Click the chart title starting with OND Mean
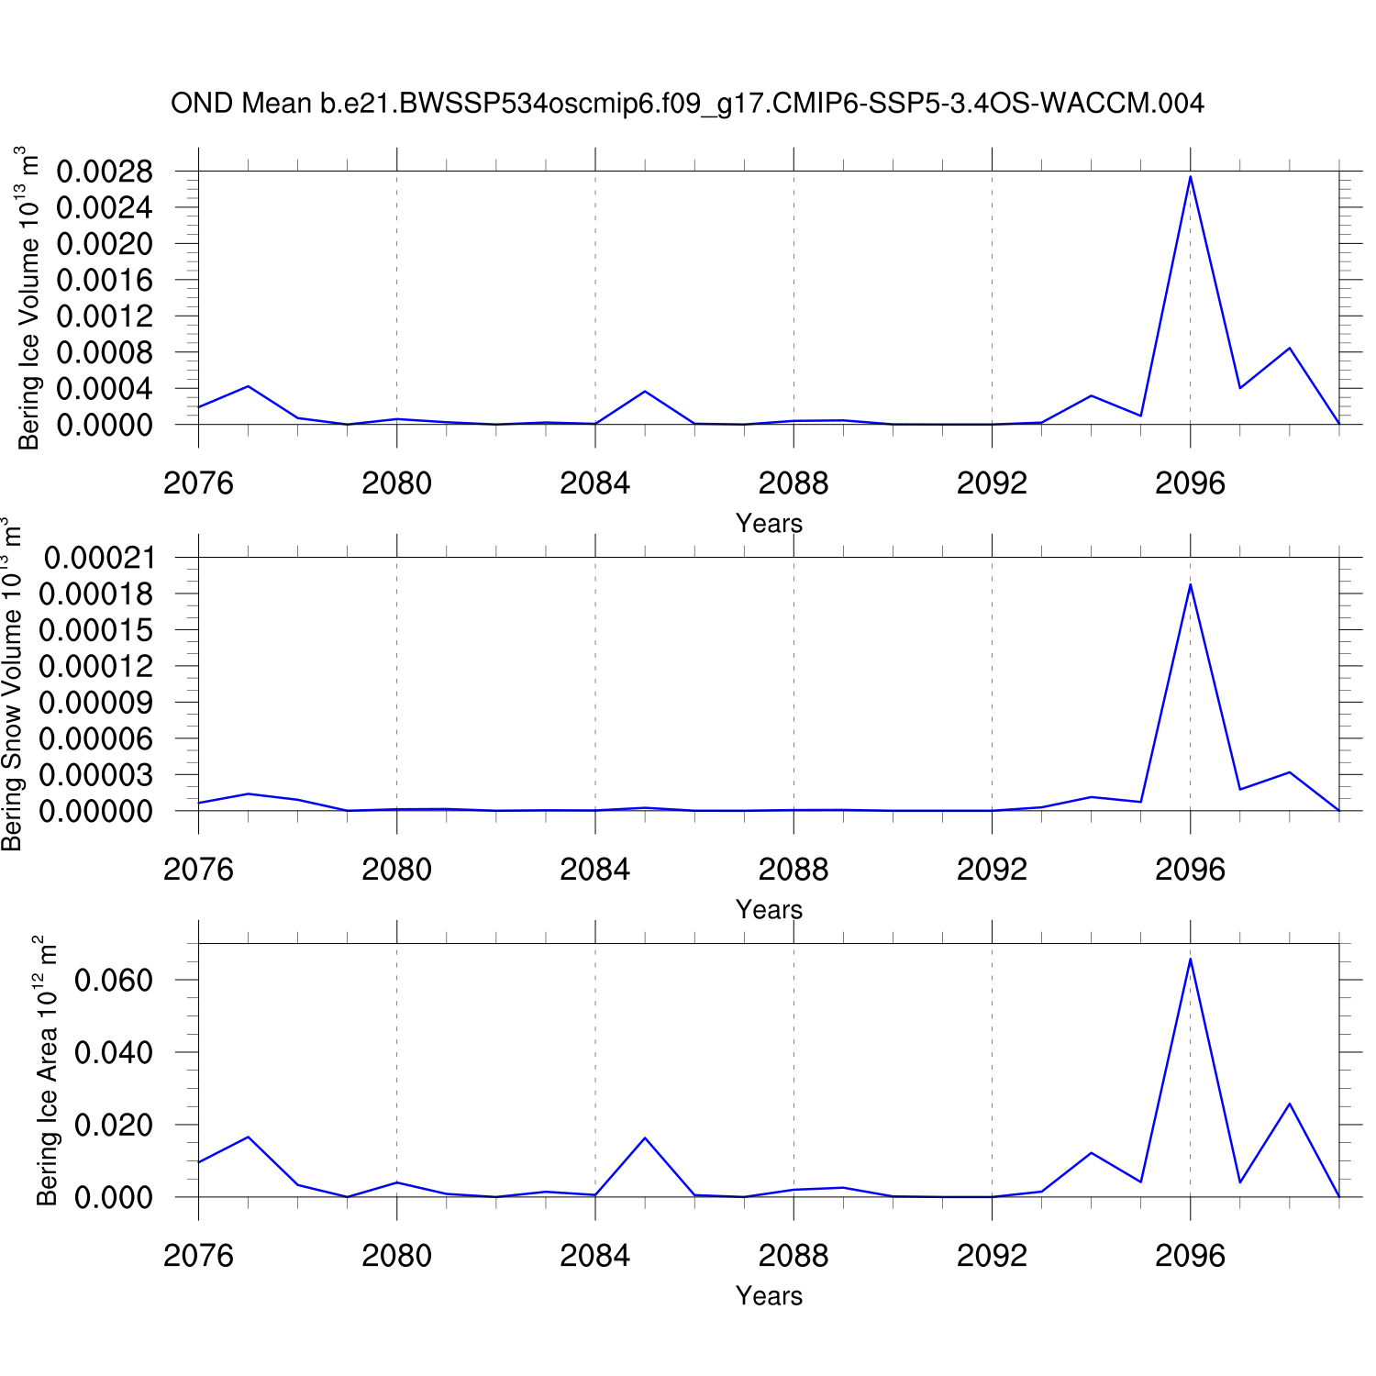[x=687, y=104]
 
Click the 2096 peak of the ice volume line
[x=1190, y=176]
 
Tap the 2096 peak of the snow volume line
[x=1190, y=584]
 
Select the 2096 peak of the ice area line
[x=1190, y=960]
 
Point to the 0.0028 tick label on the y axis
[x=105, y=172]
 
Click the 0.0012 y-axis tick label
[x=105, y=316]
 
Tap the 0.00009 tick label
[x=95, y=703]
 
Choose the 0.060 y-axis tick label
[x=114, y=980]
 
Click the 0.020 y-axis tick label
[x=114, y=1125]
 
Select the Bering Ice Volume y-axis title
[x=29, y=298]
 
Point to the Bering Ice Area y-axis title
[x=46, y=1071]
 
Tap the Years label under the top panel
[x=769, y=524]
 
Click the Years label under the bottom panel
[x=769, y=1296]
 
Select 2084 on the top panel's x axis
[x=595, y=483]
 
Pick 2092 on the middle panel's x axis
[x=992, y=870]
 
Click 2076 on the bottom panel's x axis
[x=198, y=1256]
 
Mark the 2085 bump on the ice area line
[x=645, y=1138]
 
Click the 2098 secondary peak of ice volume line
[x=1289, y=349]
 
